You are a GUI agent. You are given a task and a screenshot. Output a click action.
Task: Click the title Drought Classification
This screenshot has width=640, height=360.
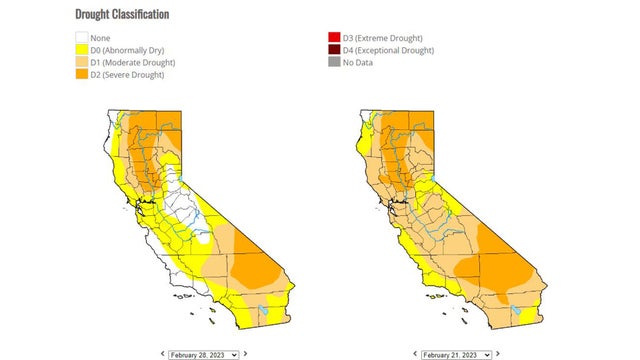tap(122, 15)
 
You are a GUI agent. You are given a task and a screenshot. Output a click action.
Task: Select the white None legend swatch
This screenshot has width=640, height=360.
tap(82, 39)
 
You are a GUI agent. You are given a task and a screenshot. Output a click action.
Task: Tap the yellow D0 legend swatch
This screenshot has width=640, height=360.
tap(82, 51)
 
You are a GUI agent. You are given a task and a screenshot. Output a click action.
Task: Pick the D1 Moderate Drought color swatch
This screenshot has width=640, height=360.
tap(82, 63)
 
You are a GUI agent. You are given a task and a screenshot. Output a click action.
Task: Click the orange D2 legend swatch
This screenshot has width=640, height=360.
tap(82, 75)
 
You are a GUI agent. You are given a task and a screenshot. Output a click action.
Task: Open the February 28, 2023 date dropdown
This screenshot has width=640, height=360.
tap(204, 354)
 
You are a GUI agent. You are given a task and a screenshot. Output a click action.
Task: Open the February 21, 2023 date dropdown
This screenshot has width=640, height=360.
tap(456, 354)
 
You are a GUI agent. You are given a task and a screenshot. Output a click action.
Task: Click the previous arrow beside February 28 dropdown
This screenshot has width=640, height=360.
tap(161, 354)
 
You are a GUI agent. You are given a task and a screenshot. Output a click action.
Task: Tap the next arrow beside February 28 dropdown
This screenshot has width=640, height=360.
tap(246, 354)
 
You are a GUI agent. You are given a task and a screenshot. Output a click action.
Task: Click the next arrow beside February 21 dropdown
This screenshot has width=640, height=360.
tap(499, 354)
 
